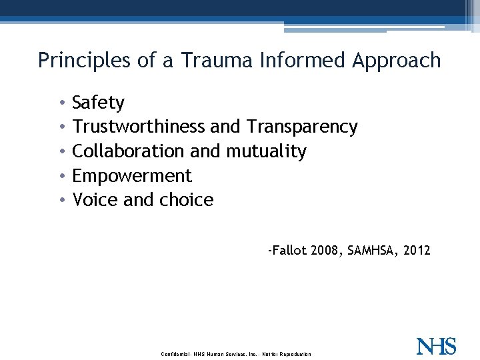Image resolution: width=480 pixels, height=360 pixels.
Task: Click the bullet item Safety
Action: tap(98, 103)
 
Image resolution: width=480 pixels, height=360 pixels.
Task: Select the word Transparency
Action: tap(302, 127)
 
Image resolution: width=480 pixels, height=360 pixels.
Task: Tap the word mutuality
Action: tap(266, 151)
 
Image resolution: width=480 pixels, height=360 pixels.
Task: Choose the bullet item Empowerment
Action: tap(131, 176)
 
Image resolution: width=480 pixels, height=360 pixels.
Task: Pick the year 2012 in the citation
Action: tap(417, 251)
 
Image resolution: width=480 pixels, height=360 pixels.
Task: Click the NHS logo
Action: tap(436, 347)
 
